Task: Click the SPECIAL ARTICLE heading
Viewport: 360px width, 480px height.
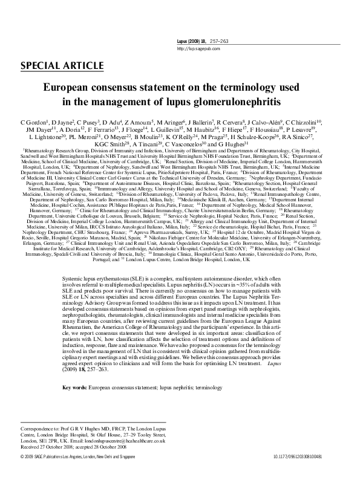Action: tap(59, 65)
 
